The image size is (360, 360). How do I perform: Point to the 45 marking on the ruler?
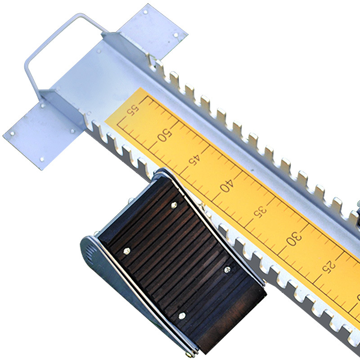point(195,159)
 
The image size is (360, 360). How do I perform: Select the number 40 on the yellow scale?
point(227,185)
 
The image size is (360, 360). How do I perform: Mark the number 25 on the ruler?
point(328,266)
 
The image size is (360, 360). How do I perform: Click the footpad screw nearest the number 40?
point(174,205)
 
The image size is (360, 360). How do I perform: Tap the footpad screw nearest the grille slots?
point(127,251)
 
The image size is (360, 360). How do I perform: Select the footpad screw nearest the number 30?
point(227,269)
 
